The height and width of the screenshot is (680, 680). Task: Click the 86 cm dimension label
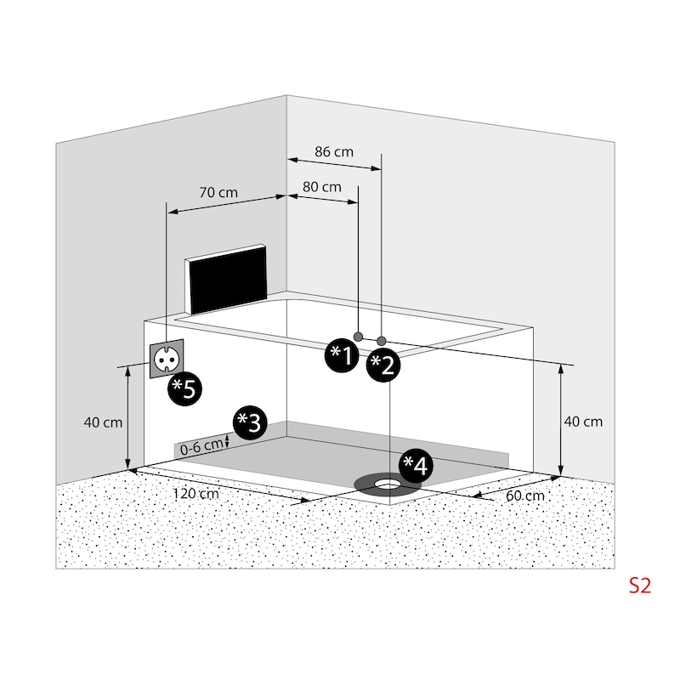(334, 152)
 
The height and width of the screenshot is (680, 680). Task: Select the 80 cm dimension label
(322, 187)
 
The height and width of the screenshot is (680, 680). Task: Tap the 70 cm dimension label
(218, 192)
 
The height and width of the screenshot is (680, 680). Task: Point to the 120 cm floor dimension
(196, 494)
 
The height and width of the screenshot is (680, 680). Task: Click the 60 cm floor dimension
(525, 496)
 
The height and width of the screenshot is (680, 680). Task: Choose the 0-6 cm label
(201, 447)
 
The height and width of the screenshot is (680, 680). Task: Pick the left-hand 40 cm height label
(103, 422)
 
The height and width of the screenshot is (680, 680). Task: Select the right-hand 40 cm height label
(583, 422)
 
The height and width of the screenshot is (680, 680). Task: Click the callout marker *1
(343, 355)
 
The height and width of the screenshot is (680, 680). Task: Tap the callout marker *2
(383, 365)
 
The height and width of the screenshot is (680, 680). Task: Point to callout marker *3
(250, 422)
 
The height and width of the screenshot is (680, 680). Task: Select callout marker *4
(416, 466)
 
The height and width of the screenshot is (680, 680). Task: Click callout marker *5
(185, 388)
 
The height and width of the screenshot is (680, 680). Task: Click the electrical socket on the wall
(167, 359)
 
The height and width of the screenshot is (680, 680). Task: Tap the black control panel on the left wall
(226, 279)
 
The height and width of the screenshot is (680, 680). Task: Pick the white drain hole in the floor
(388, 483)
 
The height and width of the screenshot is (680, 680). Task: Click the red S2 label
(640, 586)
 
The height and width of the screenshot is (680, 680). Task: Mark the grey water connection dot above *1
(358, 337)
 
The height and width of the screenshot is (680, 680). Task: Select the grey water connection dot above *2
(381, 342)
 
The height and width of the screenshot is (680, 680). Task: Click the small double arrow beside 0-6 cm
(227, 441)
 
